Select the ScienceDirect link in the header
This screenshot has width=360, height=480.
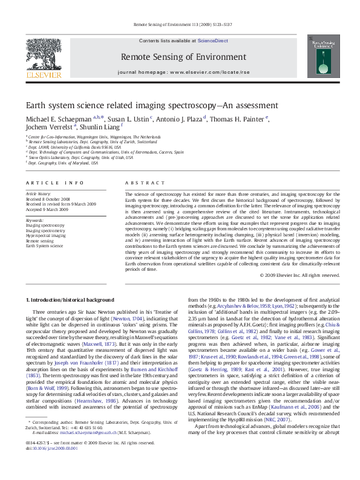point(209,40)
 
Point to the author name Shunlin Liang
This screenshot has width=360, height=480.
point(97,128)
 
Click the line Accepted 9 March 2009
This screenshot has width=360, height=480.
point(47,209)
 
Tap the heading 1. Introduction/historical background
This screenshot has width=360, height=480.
point(68,300)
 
